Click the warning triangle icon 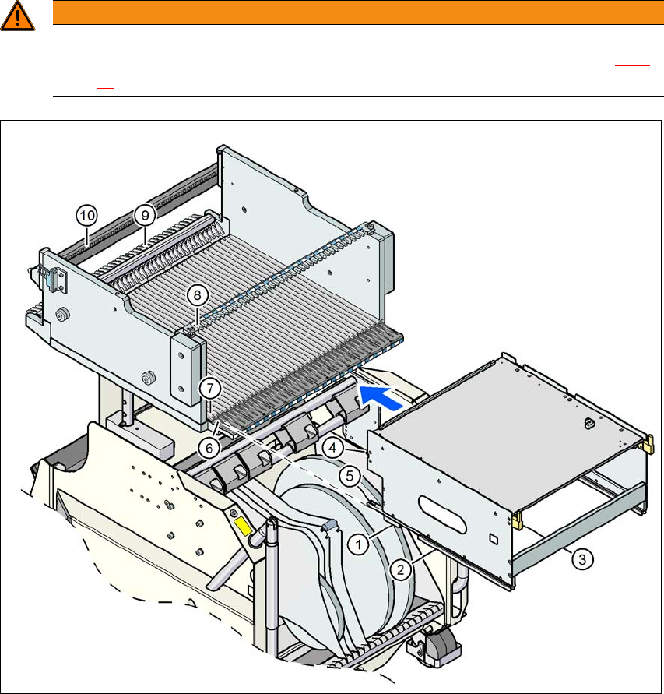[x=17, y=16]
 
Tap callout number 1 [x=358, y=544]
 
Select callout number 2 [x=400, y=569]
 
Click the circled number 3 [x=582, y=559]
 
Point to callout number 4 [x=332, y=448]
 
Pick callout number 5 [x=350, y=476]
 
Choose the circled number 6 [x=209, y=448]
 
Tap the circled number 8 [x=197, y=295]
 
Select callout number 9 [x=145, y=215]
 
